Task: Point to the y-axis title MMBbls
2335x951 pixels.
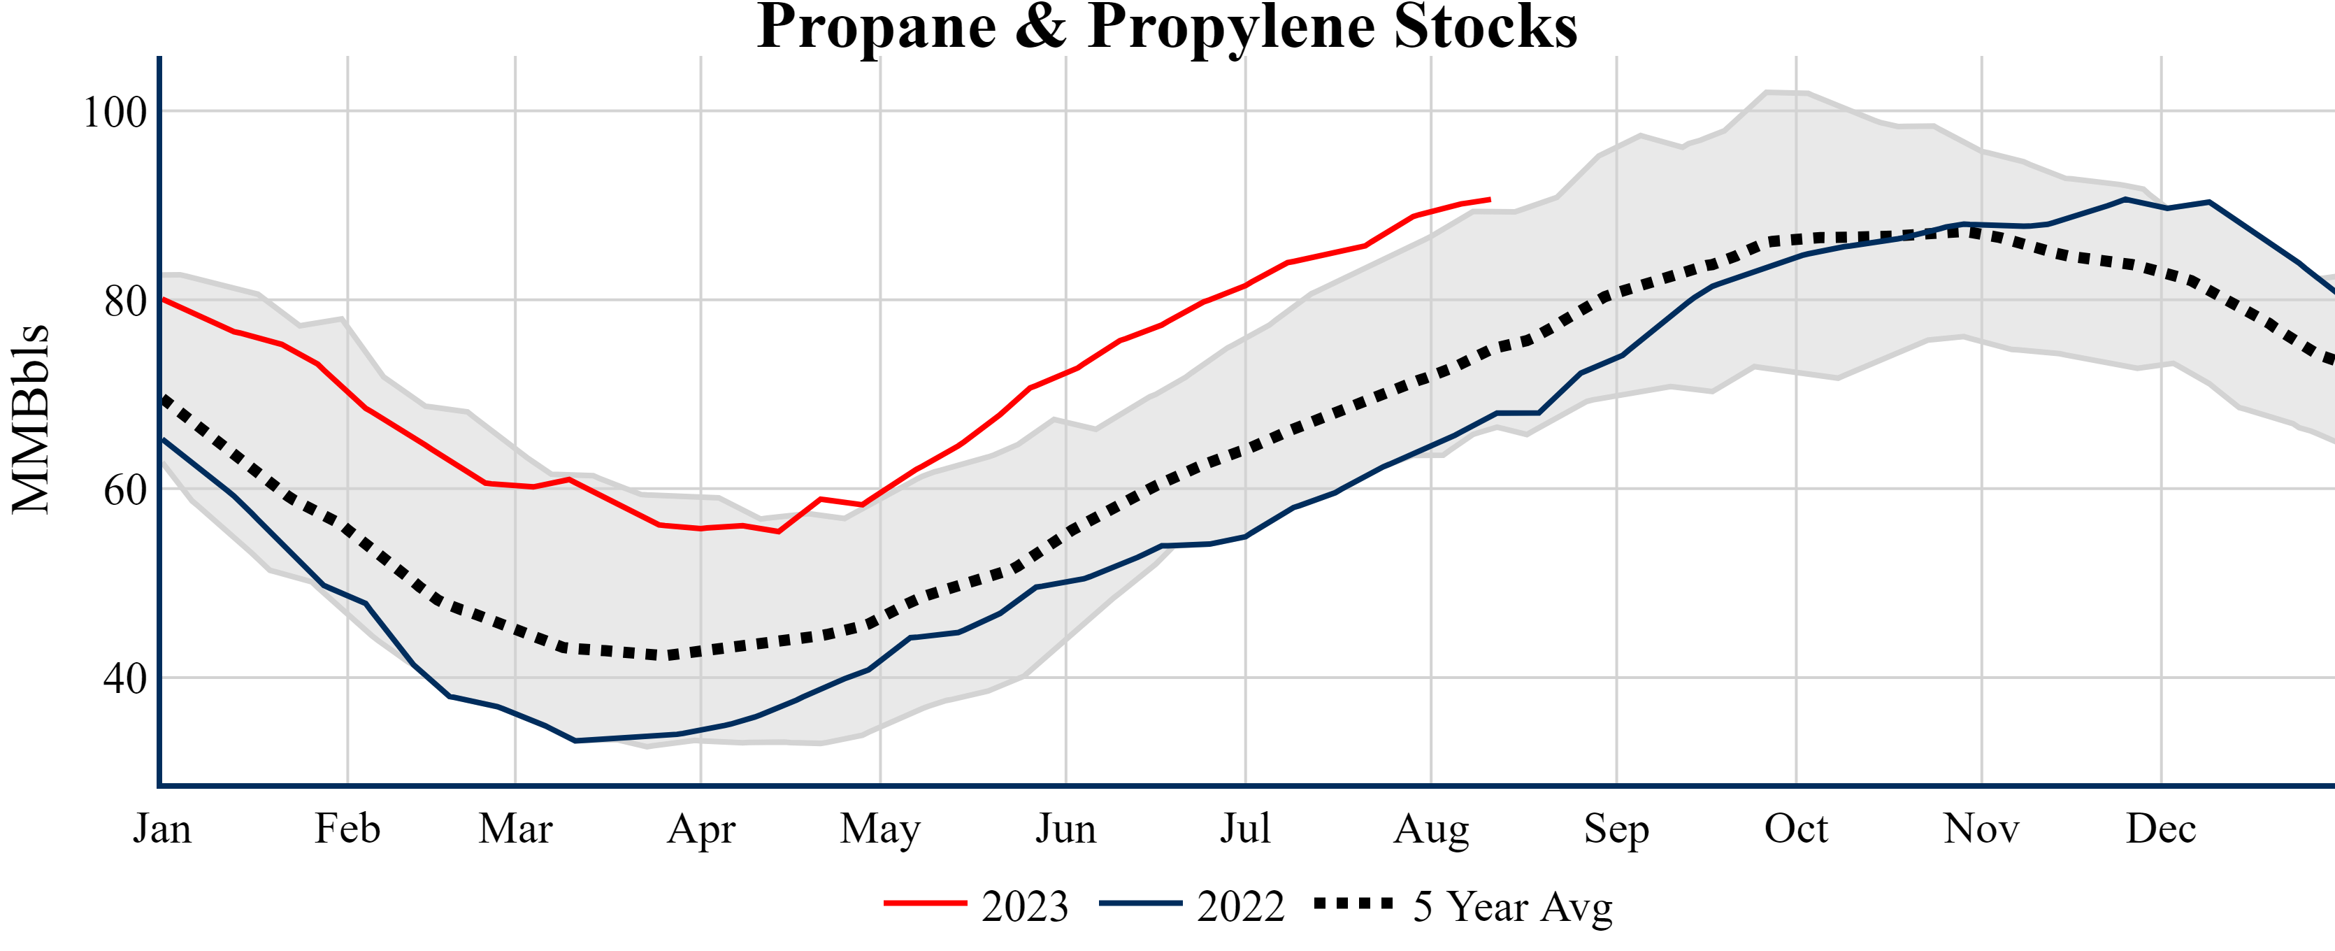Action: click(x=30, y=419)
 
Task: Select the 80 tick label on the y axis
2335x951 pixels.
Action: click(x=125, y=301)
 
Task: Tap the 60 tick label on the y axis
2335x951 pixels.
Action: click(x=125, y=489)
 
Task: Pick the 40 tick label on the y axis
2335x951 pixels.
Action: click(x=125, y=678)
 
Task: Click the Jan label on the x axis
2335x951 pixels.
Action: click(x=162, y=829)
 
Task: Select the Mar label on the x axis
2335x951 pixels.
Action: click(x=516, y=829)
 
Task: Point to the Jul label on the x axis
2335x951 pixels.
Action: click(x=1246, y=829)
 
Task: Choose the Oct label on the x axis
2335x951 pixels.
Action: click(x=1796, y=829)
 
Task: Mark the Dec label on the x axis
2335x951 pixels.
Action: click(x=2161, y=829)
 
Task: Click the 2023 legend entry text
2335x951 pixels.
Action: click(x=1025, y=906)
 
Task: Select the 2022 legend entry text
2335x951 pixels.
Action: click(x=1240, y=906)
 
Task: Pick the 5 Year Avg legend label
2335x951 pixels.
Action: click(x=1513, y=906)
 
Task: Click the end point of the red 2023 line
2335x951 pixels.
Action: click(x=1489, y=199)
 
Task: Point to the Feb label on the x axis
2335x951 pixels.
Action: click(x=347, y=829)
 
